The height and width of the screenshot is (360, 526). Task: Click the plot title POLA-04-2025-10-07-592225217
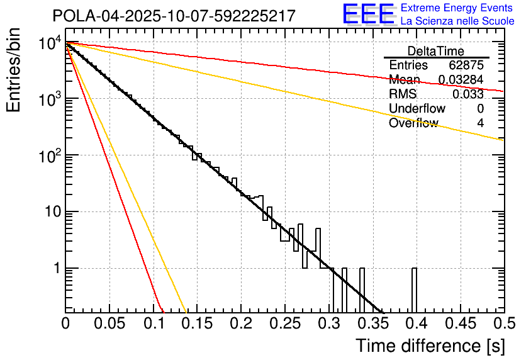click(173, 16)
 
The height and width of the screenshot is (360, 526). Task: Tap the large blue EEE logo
click(368, 15)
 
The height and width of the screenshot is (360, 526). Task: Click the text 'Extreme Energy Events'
click(457, 8)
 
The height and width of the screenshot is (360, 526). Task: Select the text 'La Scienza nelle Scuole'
click(457, 21)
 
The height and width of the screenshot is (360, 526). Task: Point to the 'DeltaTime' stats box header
click(435, 51)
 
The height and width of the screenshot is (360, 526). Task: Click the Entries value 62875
click(466, 65)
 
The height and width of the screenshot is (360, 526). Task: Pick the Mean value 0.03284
click(461, 80)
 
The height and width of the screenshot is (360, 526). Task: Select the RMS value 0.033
click(468, 94)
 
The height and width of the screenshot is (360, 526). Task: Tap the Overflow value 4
click(480, 123)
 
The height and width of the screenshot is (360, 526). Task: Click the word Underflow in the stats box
click(417, 109)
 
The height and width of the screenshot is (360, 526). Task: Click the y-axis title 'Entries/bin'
click(14, 70)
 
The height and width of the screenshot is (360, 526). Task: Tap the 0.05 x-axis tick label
click(109, 323)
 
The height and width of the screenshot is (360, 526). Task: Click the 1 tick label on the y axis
click(55, 269)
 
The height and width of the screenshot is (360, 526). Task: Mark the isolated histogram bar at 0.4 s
click(414, 290)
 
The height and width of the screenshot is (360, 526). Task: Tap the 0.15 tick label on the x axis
click(197, 323)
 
